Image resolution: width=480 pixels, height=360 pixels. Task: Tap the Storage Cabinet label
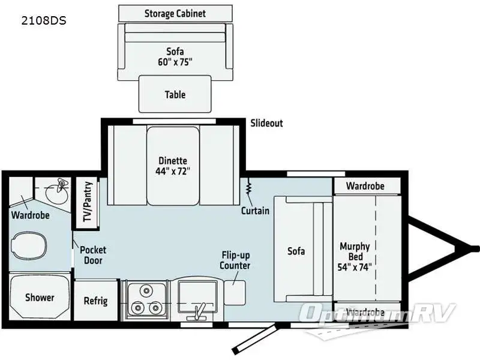(175, 13)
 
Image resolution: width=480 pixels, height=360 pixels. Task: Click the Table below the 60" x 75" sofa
(175, 94)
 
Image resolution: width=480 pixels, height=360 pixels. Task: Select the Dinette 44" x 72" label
(173, 166)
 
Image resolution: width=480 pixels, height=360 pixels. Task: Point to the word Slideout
(266, 123)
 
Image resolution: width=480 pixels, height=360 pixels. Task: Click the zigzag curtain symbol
(248, 190)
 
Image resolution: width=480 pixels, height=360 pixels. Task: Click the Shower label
(40, 298)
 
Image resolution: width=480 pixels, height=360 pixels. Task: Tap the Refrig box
(95, 301)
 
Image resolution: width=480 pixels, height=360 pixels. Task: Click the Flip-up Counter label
(235, 260)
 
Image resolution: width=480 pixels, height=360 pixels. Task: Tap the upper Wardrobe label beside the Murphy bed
(365, 186)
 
